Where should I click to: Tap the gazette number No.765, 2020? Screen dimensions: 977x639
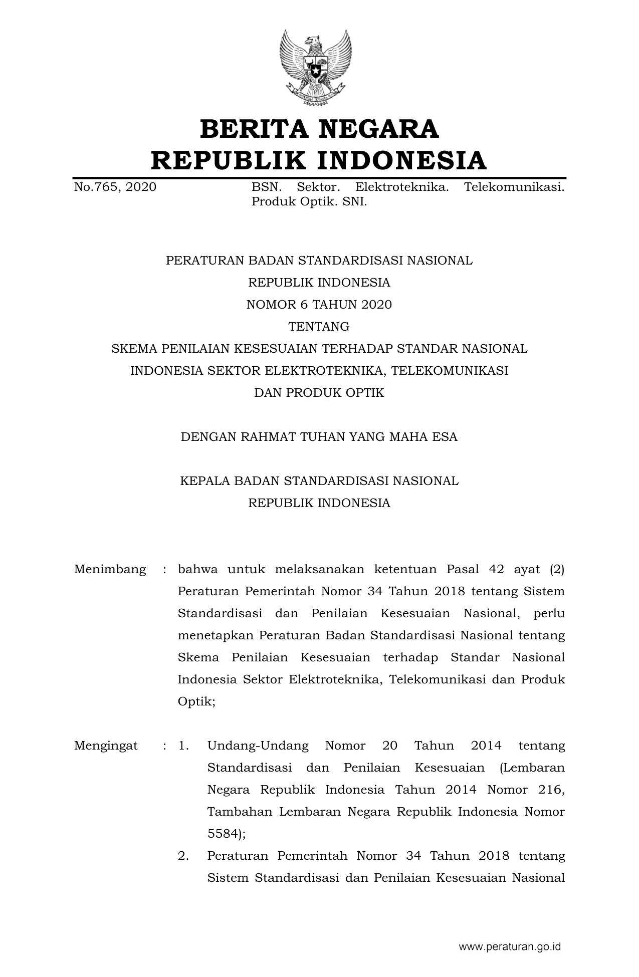click(x=115, y=187)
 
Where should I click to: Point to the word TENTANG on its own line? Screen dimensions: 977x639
click(x=319, y=327)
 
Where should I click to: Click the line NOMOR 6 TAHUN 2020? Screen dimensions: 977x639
click(x=319, y=305)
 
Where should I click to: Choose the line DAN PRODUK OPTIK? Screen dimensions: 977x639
click(x=319, y=393)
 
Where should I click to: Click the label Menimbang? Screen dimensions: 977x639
click(x=110, y=569)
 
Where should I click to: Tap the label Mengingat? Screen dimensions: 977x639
click(x=106, y=746)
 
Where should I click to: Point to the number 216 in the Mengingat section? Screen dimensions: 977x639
click(x=552, y=790)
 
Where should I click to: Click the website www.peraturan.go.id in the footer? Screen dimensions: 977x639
click(x=510, y=947)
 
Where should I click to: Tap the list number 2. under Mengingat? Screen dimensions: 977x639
click(x=183, y=856)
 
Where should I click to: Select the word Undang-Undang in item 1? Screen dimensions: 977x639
click(x=258, y=746)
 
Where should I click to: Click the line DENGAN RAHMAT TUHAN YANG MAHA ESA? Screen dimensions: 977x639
click(x=319, y=437)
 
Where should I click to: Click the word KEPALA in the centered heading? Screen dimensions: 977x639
click(x=204, y=481)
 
